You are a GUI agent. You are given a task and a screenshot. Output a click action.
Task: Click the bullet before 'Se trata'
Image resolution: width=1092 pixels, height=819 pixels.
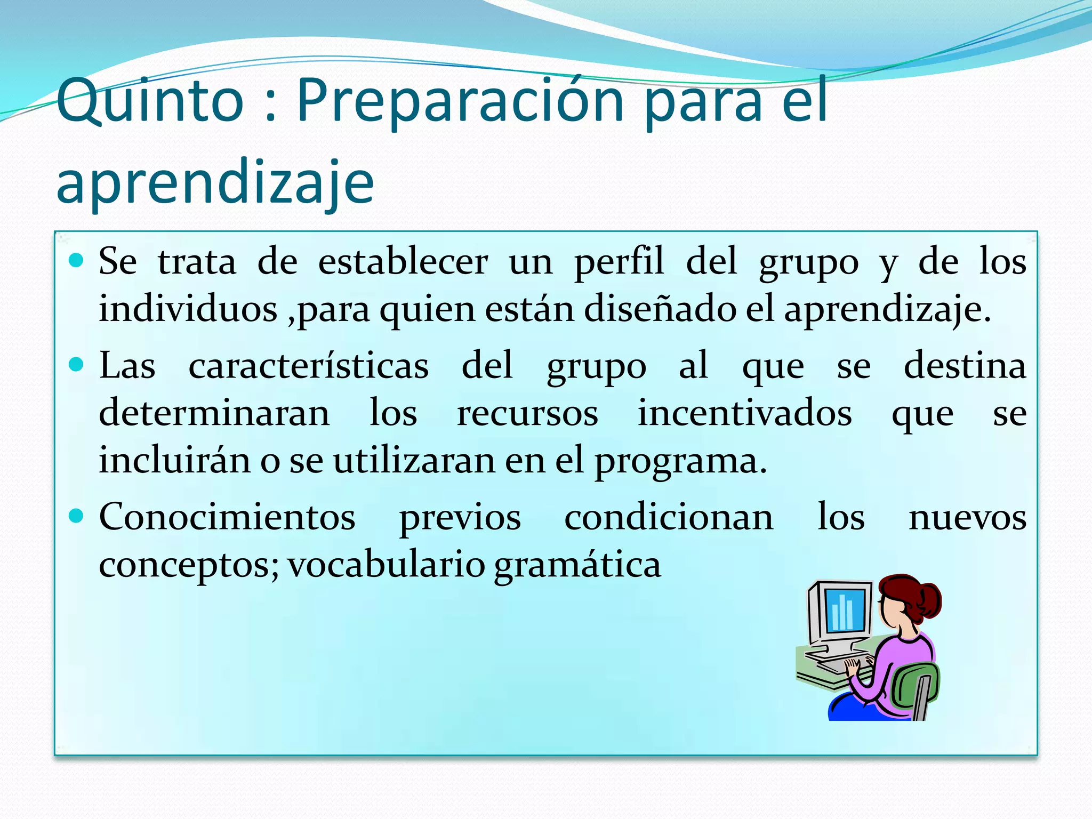[77, 261]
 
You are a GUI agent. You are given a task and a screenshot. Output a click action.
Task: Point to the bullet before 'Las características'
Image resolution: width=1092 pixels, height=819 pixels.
[77, 365]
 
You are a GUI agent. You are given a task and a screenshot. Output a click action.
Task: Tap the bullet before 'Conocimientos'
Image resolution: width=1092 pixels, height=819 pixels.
[77, 516]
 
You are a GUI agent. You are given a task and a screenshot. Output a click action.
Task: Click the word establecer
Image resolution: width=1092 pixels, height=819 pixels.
[403, 262]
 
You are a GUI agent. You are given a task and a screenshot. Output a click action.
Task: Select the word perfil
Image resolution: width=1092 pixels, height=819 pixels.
[619, 263]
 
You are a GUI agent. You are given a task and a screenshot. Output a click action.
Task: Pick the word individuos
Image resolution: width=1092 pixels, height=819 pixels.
[188, 309]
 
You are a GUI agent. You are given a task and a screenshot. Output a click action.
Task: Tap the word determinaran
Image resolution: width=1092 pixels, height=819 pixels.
[214, 413]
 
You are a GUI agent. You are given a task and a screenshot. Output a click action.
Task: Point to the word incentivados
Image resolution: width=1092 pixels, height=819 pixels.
[745, 413]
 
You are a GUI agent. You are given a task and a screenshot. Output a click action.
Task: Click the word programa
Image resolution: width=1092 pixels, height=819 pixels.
[680, 461]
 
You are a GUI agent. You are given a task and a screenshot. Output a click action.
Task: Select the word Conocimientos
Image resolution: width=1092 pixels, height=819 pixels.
[227, 517]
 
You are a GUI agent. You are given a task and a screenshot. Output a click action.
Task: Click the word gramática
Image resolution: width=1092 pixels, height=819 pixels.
[577, 565]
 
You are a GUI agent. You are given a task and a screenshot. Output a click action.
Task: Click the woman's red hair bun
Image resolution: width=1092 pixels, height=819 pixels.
[928, 600]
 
